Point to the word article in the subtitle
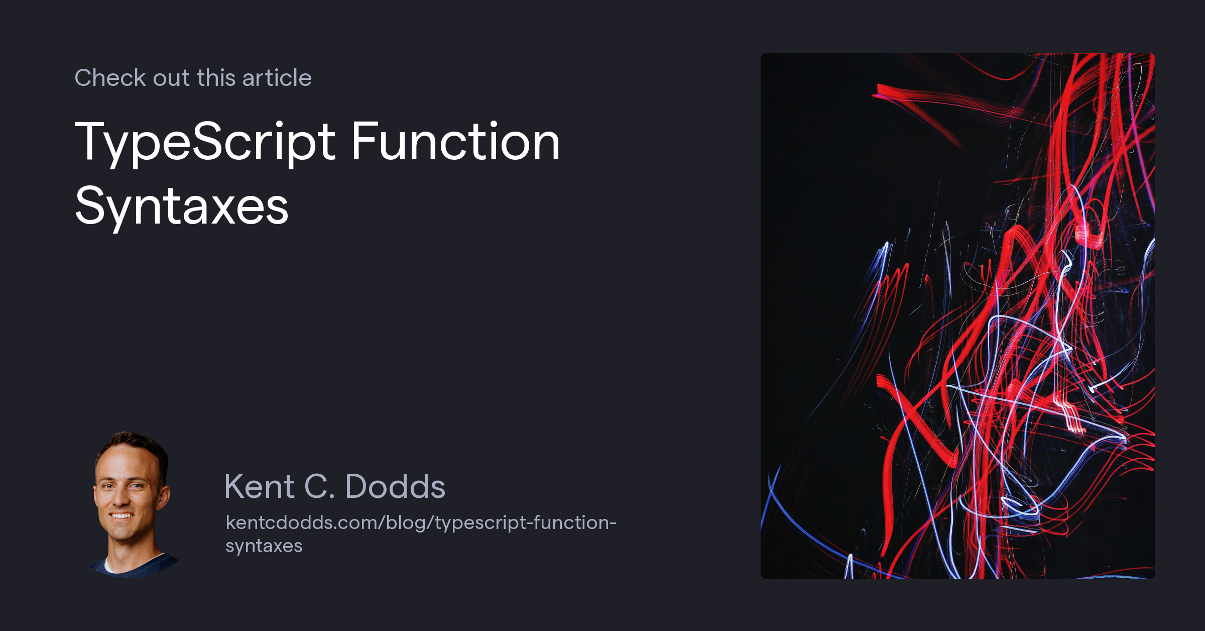click(277, 78)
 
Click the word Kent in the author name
click(259, 486)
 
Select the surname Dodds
click(395, 486)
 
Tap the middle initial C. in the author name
click(319, 486)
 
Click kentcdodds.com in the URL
click(304, 522)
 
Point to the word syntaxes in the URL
click(264, 546)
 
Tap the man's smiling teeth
click(122, 516)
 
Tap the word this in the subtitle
click(216, 78)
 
